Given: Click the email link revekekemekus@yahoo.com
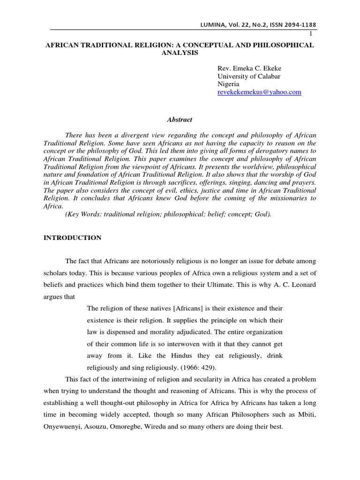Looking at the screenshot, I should point(259,92).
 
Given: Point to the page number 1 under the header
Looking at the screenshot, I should point(310,33).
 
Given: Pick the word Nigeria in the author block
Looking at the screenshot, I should point(229,84).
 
